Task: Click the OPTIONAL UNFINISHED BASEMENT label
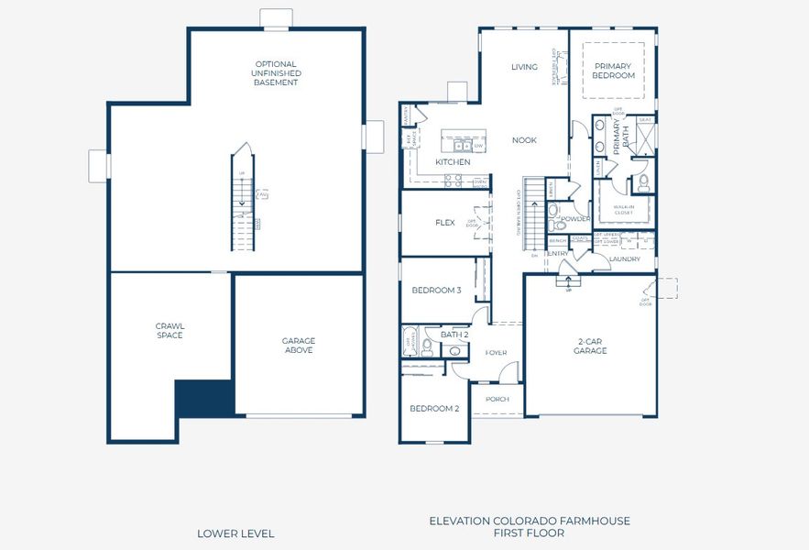277,73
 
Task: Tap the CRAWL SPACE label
169,330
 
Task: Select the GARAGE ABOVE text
299,345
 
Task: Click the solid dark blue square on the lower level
203,399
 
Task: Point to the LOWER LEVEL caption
235,533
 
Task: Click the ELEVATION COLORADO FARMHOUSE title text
530,521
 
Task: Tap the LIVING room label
524,67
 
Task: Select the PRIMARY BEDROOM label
614,71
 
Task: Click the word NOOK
524,140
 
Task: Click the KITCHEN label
453,162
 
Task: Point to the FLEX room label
445,223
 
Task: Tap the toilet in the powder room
553,212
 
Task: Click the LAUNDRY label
624,258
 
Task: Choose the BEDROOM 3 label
436,291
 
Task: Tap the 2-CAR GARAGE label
590,346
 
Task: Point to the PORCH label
497,399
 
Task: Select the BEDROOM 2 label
434,408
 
